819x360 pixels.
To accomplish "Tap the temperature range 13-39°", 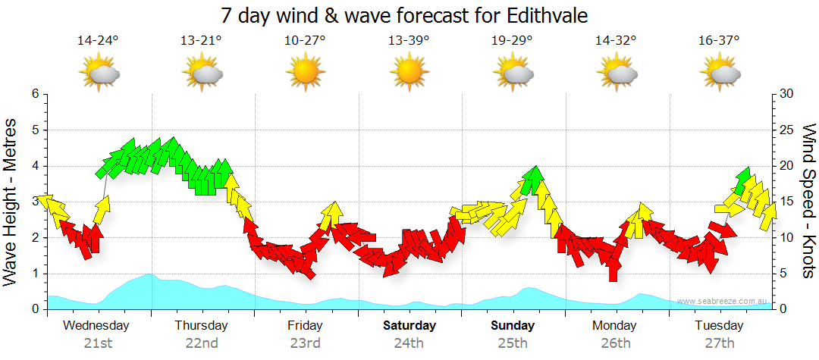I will [x=409, y=41].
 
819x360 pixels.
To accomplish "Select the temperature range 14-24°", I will [x=98, y=41].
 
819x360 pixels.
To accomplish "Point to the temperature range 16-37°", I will [x=720, y=41].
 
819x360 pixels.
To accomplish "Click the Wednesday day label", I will [x=97, y=326].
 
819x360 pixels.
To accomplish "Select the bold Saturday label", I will [x=409, y=326].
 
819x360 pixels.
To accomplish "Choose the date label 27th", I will [x=720, y=343].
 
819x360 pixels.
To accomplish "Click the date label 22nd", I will [x=202, y=343].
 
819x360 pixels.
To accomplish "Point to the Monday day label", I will [x=616, y=326].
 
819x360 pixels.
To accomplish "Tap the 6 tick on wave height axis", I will [x=35, y=94].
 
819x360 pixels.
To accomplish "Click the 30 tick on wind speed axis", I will [x=787, y=94].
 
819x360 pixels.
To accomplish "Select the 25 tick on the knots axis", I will [x=787, y=130].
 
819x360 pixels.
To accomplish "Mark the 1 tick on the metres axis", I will [x=35, y=274].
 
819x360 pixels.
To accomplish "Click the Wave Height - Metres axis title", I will [x=12, y=202].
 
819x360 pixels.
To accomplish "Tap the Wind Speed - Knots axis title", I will [x=808, y=202].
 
